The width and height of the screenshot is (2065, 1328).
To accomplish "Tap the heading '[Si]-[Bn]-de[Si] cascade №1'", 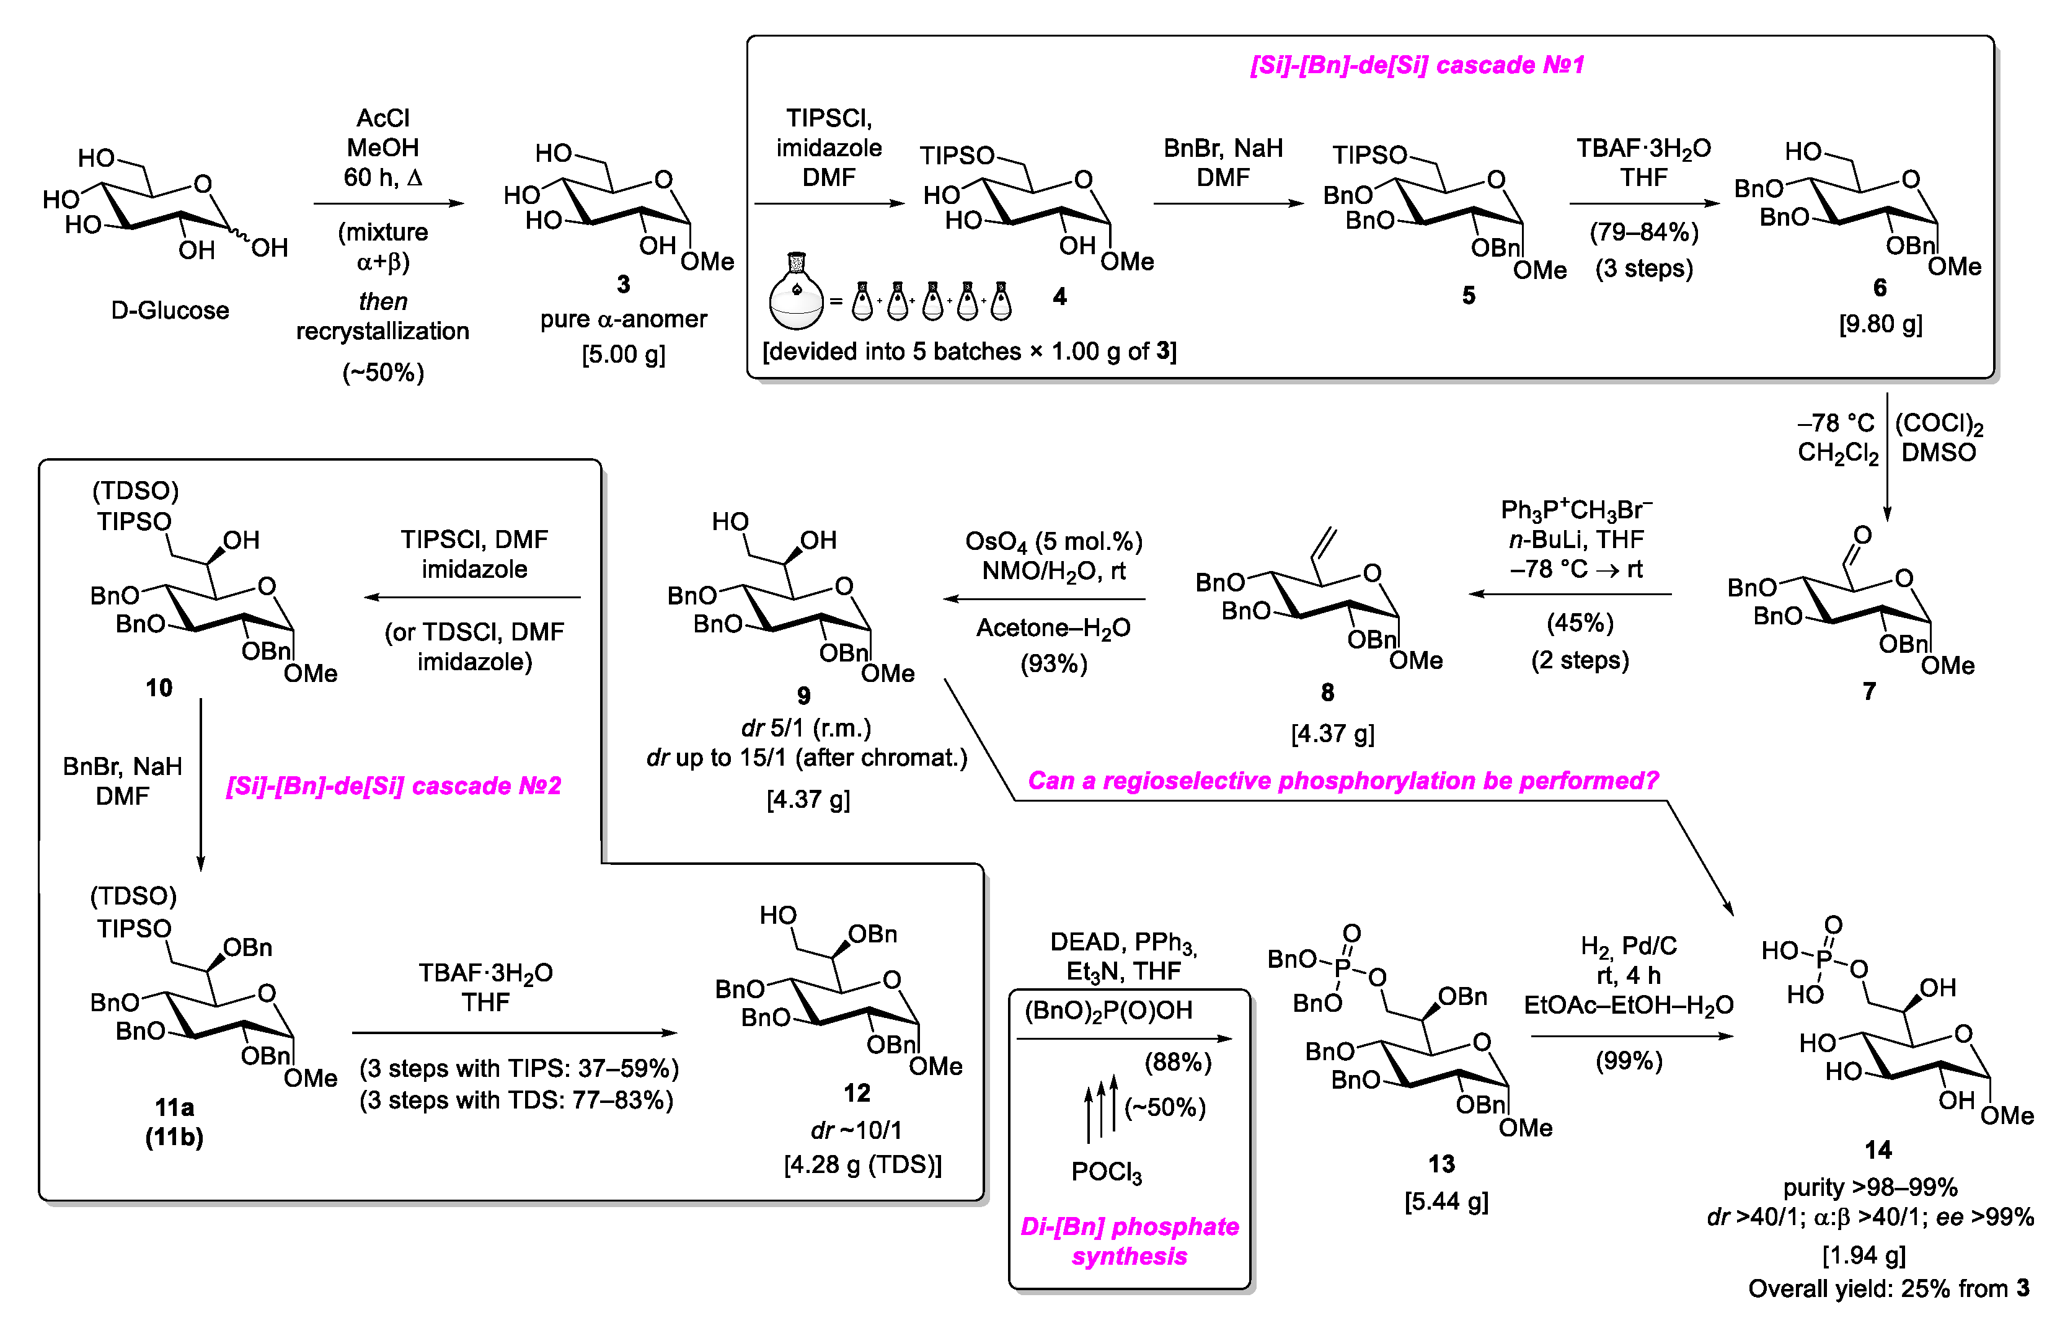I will (1416, 64).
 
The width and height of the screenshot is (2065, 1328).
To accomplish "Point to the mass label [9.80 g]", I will (1880, 324).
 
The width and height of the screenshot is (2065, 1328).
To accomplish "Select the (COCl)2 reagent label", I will (1939, 423).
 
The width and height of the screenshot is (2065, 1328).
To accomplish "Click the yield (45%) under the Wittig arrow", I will (1579, 622).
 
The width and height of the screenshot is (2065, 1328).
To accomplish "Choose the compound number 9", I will (803, 695).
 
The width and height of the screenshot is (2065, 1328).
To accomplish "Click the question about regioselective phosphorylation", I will (1342, 781).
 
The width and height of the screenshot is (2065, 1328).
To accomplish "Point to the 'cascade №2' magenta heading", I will (393, 786).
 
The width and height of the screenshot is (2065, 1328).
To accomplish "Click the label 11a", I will (174, 1107).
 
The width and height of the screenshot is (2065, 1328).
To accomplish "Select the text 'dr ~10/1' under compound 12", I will (856, 1130).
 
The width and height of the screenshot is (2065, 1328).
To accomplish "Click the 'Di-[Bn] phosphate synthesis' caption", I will (1129, 1241).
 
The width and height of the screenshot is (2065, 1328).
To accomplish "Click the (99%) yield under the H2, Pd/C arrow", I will (1628, 1061).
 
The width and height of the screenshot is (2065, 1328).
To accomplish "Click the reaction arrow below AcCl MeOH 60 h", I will (388, 203).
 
